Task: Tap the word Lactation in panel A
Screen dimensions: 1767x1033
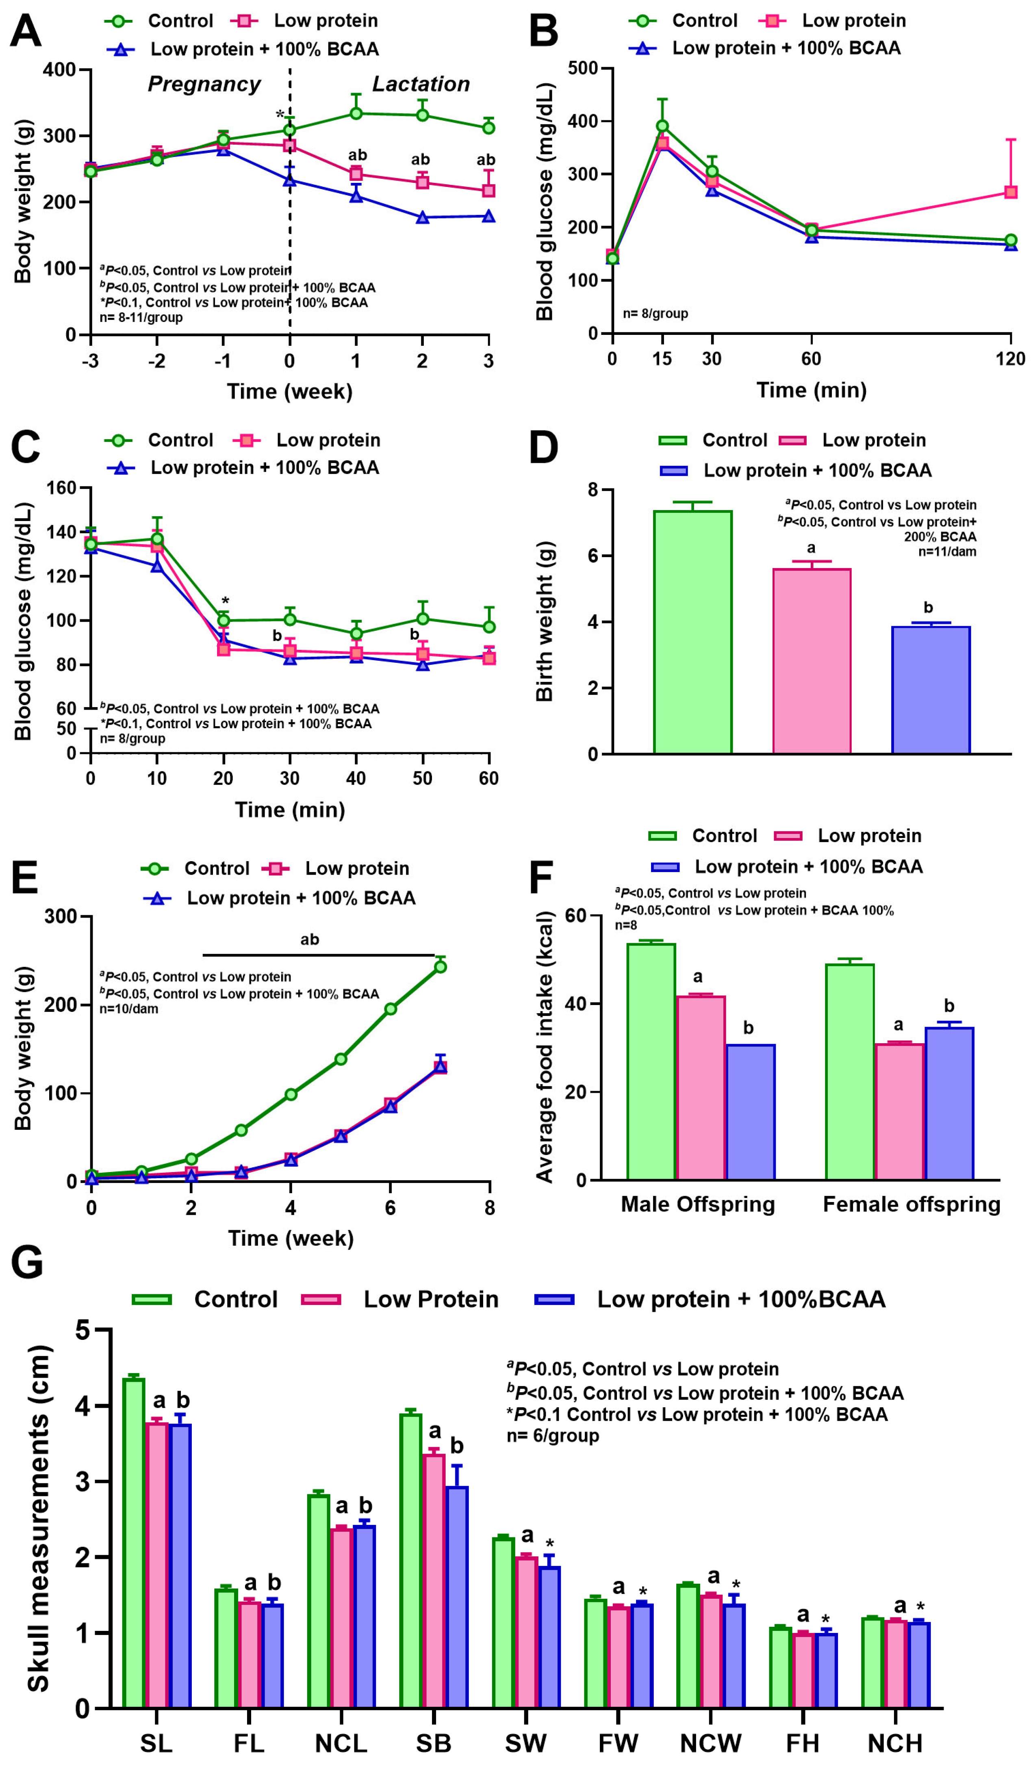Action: [420, 84]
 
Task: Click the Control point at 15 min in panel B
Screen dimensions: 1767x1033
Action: [662, 126]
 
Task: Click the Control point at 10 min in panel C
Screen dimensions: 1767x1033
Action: [157, 538]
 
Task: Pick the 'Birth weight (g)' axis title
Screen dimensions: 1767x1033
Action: [545, 621]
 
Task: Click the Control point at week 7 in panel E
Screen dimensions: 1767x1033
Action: [441, 966]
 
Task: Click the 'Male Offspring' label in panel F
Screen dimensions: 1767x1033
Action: [698, 1204]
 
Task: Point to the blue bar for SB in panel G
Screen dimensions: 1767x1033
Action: [456, 1596]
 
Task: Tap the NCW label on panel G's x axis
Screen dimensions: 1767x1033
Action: [710, 1743]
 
